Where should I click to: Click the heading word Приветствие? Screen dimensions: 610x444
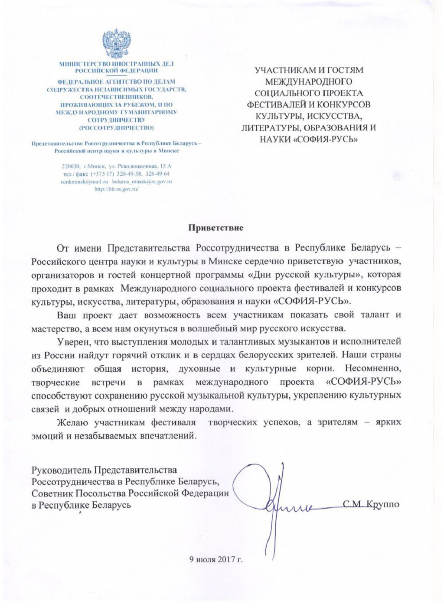215,227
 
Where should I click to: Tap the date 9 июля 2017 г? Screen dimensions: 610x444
216,559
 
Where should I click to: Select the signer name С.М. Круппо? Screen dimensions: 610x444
371,504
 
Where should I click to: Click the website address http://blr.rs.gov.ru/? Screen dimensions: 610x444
116,189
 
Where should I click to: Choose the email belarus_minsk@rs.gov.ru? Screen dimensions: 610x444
142,182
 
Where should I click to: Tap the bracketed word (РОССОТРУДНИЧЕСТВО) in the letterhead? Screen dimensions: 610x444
116,128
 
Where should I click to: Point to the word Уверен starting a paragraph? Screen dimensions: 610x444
72,342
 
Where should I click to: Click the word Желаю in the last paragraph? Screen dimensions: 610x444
73,422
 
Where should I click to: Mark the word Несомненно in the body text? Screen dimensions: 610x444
373,369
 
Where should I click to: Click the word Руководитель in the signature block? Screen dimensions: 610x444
61,470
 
